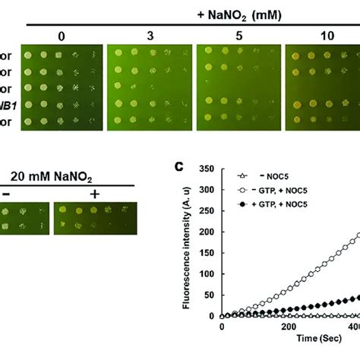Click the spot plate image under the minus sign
(22, 216)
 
